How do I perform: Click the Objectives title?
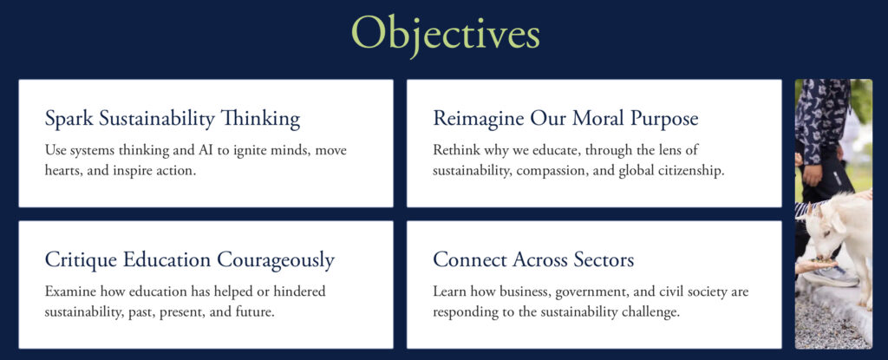(x=445, y=35)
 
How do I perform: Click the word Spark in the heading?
(x=69, y=119)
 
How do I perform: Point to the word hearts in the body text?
(x=62, y=171)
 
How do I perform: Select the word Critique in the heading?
(x=78, y=260)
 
